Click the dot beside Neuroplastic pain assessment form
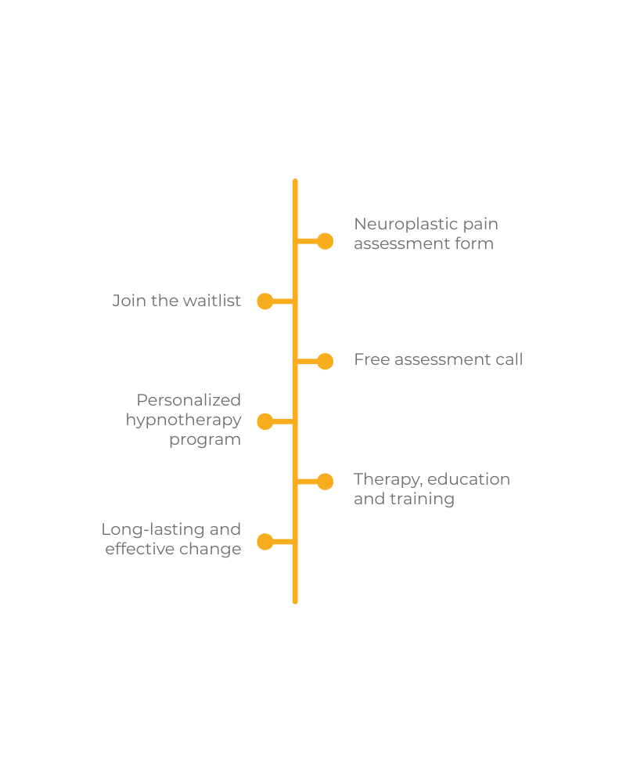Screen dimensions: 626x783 (x=325, y=241)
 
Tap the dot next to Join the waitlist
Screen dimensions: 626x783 (x=265, y=301)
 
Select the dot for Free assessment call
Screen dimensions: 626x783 (x=325, y=361)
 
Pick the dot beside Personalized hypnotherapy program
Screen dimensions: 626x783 (x=265, y=421)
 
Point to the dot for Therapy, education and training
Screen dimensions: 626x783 (x=325, y=481)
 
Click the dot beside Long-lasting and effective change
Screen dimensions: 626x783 (x=265, y=541)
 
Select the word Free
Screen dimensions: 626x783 (x=371, y=359)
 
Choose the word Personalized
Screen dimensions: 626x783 (x=189, y=400)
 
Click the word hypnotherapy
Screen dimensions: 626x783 (x=184, y=420)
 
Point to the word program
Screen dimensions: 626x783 (x=205, y=440)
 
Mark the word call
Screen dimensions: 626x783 (x=508, y=359)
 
